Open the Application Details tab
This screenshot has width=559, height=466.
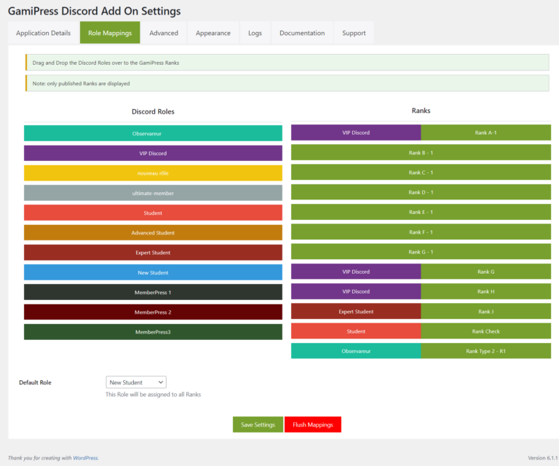(x=44, y=33)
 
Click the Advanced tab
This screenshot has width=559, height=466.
(x=164, y=33)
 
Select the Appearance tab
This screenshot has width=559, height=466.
(x=213, y=33)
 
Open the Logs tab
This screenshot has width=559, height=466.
(x=255, y=33)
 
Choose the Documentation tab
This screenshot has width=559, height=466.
(x=302, y=33)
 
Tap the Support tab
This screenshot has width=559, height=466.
(x=354, y=33)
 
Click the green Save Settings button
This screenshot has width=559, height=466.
(x=258, y=424)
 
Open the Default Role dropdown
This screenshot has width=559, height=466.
(x=136, y=382)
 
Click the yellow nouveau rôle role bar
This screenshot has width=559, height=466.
(x=153, y=173)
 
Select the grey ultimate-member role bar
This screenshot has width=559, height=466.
(x=153, y=193)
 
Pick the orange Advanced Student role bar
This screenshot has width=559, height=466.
(x=153, y=233)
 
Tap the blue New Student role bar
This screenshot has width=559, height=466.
(x=153, y=272)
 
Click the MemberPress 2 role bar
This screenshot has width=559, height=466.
(x=153, y=312)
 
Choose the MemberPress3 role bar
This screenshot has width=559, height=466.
(x=153, y=332)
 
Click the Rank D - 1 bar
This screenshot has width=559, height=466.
(x=421, y=192)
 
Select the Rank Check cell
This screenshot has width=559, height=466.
(x=485, y=331)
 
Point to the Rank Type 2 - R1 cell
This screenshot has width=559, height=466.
(x=485, y=351)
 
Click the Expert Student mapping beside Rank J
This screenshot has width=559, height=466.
(x=356, y=312)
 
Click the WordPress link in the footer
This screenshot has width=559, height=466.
(x=85, y=458)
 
